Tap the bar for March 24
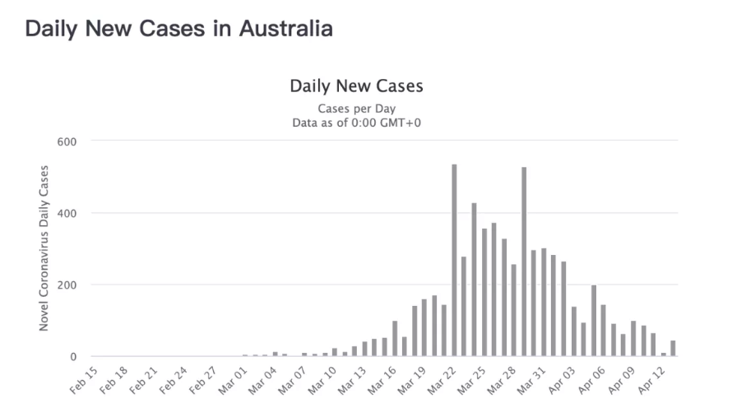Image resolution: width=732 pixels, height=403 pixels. [474, 280]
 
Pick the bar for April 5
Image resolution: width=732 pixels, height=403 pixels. [593, 321]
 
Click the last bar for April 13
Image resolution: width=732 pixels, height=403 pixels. [673, 348]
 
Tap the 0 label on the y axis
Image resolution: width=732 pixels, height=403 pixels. [72, 357]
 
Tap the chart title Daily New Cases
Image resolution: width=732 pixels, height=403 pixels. [356, 86]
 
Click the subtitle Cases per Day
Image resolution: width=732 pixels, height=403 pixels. [356, 109]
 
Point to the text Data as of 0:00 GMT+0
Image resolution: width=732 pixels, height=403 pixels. [356, 123]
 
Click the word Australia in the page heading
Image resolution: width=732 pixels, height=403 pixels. [285, 28]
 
